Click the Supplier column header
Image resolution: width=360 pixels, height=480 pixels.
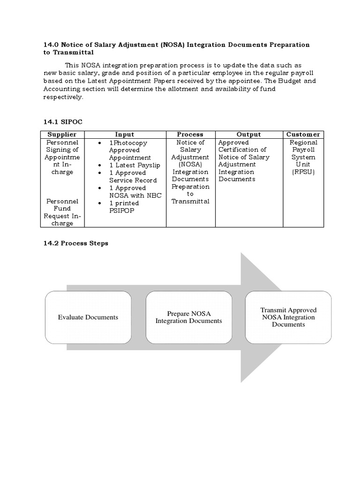point(62,135)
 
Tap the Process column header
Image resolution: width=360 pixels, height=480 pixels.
point(190,135)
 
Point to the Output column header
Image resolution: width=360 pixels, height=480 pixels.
point(248,135)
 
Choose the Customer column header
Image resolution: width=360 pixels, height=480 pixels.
point(303,135)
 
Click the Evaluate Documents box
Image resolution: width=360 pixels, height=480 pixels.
point(88,317)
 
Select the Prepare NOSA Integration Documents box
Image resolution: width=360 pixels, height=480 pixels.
point(188,317)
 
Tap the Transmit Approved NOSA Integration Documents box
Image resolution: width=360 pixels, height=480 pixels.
point(288,317)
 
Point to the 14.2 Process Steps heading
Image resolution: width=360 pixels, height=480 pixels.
point(75,243)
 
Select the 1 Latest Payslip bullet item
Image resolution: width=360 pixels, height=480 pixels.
point(128,165)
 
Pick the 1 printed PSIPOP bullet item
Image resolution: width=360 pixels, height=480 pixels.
point(124,207)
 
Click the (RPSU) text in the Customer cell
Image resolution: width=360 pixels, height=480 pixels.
point(303,172)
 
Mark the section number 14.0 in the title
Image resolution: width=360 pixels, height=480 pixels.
point(51,45)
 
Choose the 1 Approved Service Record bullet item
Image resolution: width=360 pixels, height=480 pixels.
point(127,177)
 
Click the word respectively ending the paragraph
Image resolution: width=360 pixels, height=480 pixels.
point(63,97)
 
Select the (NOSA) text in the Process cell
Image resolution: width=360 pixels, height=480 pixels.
point(190,165)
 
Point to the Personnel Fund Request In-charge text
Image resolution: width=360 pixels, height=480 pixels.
point(62,212)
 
